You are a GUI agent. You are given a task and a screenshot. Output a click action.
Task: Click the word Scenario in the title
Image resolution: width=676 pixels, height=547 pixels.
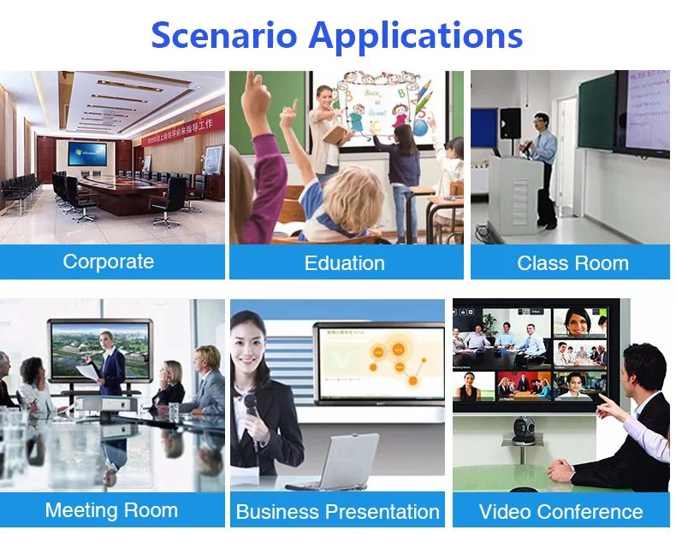224,35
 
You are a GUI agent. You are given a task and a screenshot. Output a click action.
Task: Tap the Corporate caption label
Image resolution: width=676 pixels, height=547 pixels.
109,262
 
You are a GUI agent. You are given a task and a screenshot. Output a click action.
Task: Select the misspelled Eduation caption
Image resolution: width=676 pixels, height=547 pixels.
345,263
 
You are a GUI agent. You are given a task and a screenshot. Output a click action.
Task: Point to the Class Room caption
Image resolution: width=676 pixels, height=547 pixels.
572,263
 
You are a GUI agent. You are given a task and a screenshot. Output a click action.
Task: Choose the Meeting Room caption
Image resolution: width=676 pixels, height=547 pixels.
111,510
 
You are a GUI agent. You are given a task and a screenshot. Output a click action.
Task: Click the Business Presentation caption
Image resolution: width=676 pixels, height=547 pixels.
337,512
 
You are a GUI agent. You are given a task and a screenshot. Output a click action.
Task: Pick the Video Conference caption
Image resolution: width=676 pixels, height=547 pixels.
560,512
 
